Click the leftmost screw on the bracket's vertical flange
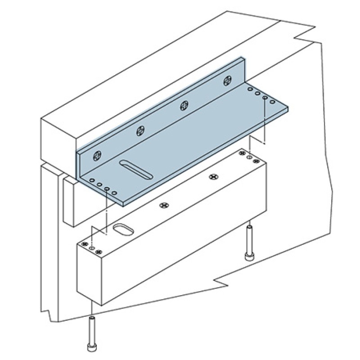pyautogui.click(x=97, y=157)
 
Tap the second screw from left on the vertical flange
pyautogui.click(x=141, y=131)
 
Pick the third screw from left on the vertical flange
pyautogui.click(x=184, y=106)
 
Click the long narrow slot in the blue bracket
pyautogui.click(x=136, y=170)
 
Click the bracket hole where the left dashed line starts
pyautogui.click(x=107, y=189)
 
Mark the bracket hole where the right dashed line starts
pyautogui.click(x=265, y=98)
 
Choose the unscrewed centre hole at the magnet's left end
pyautogui.click(x=92, y=248)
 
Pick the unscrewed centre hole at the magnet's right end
pyautogui.click(x=250, y=157)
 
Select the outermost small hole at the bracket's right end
pyautogui.click(x=272, y=103)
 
